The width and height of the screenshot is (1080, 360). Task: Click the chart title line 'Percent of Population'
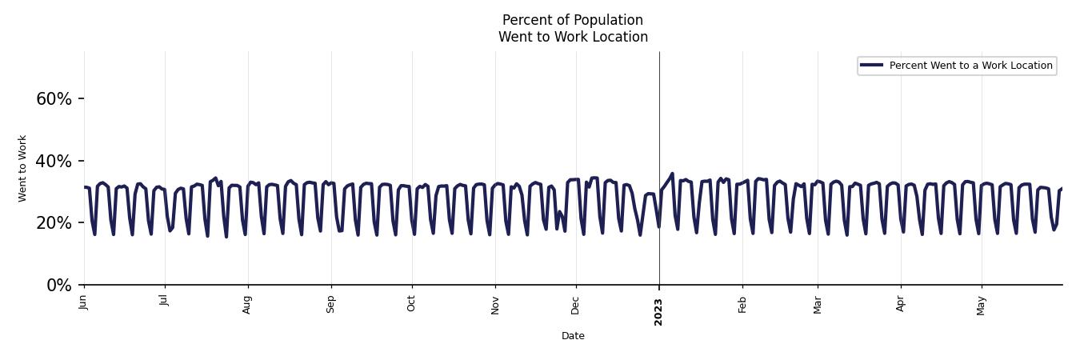[572, 20]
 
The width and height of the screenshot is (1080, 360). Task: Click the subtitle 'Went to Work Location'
[573, 37]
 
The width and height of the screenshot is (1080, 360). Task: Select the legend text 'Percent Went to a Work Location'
[970, 66]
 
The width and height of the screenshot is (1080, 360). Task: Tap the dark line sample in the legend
[872, 66]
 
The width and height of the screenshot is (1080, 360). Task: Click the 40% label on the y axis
[54, 162]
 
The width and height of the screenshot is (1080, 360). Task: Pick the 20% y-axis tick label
[54, 223]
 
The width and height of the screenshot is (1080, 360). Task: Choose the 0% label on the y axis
[59, 286]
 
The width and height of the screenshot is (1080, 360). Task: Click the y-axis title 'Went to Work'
[22, 168]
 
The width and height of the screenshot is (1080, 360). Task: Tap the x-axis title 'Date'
[573, 336]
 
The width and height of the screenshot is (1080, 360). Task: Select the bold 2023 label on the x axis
[659, 311]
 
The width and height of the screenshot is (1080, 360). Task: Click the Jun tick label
[84, 302]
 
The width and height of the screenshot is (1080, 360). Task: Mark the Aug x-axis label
[247, 304]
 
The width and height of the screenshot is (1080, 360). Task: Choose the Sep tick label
[331, 304]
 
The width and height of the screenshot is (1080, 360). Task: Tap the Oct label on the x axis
[412, 303]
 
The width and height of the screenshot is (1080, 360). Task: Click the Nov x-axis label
[495, 305]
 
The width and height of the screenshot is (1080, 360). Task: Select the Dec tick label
[576, 304]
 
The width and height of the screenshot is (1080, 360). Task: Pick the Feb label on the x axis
[742, 304]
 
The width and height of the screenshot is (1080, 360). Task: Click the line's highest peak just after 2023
[672, 174]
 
